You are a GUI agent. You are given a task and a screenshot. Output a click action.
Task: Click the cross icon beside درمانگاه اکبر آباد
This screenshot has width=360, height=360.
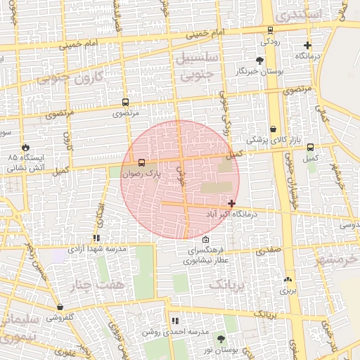tap(232, 202)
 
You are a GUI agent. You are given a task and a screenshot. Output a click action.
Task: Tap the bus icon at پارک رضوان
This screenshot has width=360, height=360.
tap(143, 162)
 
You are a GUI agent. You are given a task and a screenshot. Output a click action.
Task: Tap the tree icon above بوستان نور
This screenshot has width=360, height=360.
tap(221, 339)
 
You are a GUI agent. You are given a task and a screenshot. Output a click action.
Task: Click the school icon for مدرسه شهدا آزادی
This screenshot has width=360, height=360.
tap(96, 238)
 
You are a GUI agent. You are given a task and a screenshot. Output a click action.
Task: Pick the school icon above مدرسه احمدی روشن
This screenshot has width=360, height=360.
tap(175, 321)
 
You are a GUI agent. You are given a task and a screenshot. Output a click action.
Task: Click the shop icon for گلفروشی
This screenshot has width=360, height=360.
tap(60, 307)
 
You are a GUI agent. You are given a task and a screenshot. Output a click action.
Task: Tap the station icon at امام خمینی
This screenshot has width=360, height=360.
tap(271, 30)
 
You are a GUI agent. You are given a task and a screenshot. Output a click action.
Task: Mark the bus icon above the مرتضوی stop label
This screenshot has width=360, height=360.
tap(125, 101)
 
